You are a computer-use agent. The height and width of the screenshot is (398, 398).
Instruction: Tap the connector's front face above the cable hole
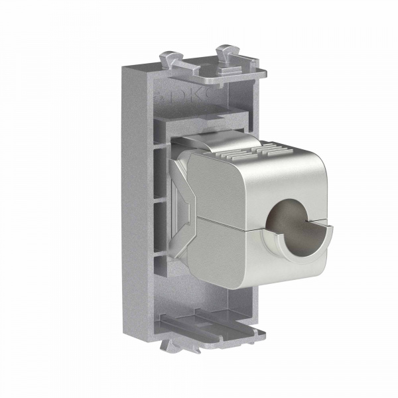[x=292, y=179]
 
